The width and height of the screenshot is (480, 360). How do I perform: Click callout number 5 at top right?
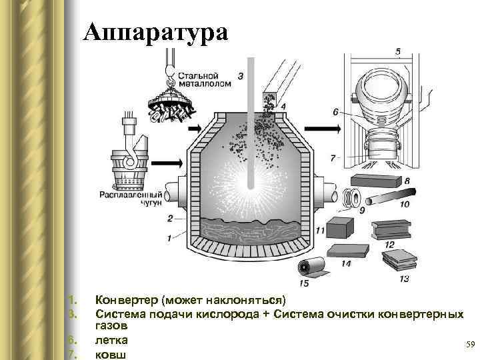point(398,51)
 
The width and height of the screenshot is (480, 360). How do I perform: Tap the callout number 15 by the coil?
point(305,283)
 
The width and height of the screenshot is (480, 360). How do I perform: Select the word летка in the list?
point(112,341)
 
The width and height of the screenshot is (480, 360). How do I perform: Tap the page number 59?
point(469,344)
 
